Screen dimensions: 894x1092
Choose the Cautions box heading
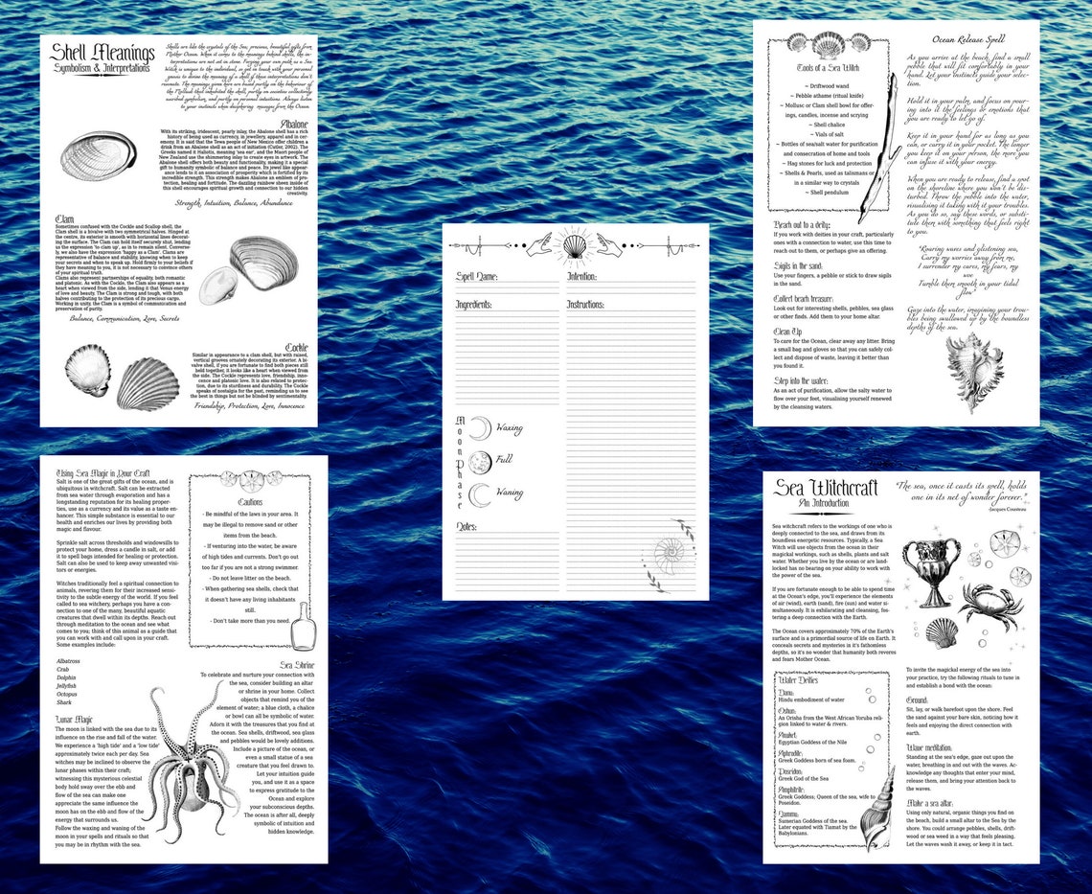click(x=251, y=500)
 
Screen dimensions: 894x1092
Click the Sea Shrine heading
click(x=298, y=664)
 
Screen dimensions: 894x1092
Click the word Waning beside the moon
click(x=509, y=493)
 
